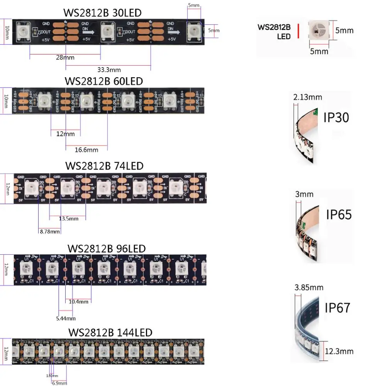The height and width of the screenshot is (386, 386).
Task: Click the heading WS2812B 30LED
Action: pos(102,13)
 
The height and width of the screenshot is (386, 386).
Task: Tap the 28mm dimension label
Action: pos(65,58)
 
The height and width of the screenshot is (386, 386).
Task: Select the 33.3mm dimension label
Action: pos(109,70)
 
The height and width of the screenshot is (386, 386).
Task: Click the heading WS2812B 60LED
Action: pos(104,81)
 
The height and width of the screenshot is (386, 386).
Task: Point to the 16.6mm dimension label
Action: pos(87,149)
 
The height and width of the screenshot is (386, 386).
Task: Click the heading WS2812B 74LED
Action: pos(104,166)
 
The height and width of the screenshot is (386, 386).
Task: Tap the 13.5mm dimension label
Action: pos(68,218)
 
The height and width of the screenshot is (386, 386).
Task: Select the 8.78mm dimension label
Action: pos(50,232)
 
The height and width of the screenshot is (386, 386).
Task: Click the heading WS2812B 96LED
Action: pos(107,248)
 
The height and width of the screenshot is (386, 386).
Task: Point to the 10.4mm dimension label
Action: pos(79,301)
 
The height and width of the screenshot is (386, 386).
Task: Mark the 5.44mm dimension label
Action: pos(66,318)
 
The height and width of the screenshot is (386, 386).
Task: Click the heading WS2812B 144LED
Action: pos(110,332)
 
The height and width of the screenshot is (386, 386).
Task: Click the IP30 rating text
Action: pos(336,117)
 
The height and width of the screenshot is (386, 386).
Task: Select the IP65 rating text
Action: pos(339,214)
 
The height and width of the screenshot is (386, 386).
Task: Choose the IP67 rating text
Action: pos(337,308)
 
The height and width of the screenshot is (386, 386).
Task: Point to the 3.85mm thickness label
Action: pos(309,288)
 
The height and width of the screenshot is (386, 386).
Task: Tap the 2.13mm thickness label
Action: pos(308,97)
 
